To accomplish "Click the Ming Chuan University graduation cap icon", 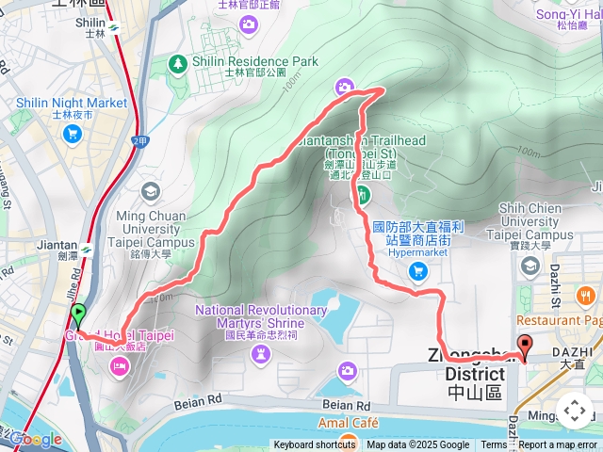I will [149, 192].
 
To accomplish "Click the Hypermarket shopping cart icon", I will [418, 271].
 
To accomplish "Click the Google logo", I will [35, 439].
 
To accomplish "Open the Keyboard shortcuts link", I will [315, 445].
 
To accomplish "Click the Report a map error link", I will [559, 445].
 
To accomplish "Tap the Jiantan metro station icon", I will [86, 250].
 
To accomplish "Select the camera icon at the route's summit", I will [345, 88].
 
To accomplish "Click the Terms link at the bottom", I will [494, 445].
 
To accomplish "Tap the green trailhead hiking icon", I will [364, 196].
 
